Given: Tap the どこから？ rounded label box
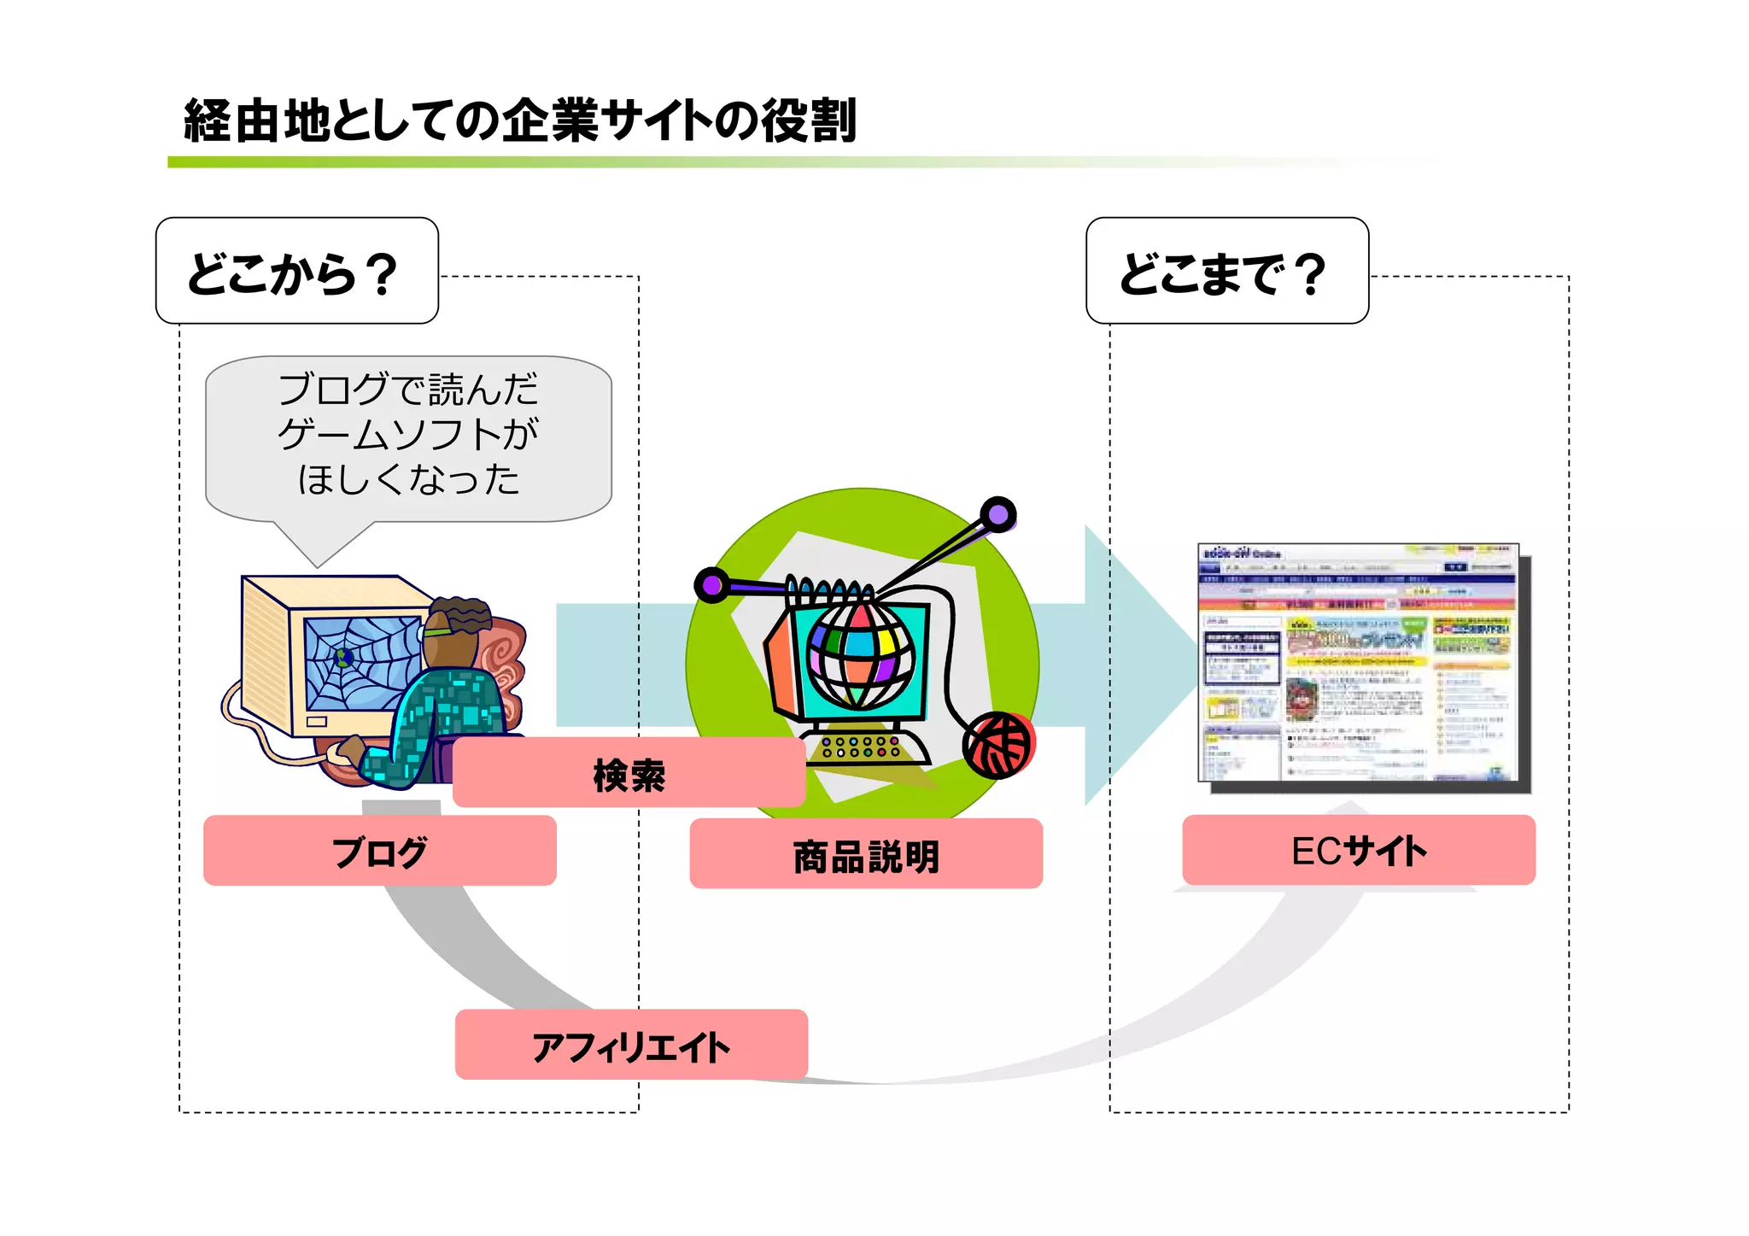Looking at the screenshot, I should tap(296, 271).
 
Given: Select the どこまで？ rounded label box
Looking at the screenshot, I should tap(1226, 271).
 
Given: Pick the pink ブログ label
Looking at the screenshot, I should tap(379, 851).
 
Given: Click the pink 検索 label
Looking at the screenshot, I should tap(629, 773).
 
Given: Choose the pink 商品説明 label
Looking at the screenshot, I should tap(865, 854).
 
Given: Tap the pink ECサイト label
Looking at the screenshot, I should tap(1358, 850).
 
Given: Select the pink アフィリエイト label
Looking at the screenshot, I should tap(630, 1045).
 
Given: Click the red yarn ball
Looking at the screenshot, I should tap(999, 744).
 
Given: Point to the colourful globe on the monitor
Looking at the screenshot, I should tap(860, 655).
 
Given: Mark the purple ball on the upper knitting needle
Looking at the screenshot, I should tap(997, 514).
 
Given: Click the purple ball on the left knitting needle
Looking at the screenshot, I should tap(711, 585).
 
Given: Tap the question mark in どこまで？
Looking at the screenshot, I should tap(1308, 273).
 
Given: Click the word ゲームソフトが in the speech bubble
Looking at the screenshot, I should tap(408, 435).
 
